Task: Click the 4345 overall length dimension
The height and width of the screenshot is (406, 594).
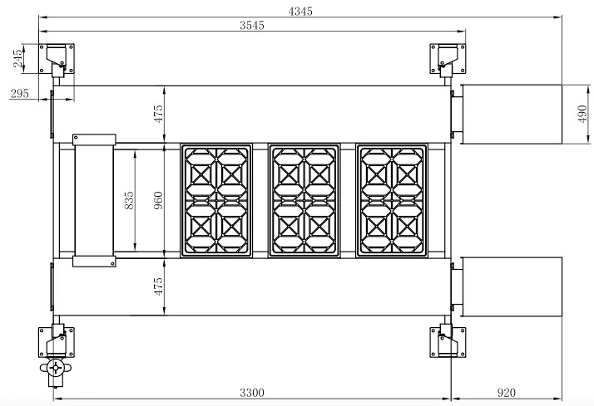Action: coord(300,12)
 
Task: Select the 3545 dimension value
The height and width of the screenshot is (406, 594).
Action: coord(252,26)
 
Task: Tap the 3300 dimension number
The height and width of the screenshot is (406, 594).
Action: coord(252,393)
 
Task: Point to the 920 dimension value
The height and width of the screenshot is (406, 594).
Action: coord(506,393)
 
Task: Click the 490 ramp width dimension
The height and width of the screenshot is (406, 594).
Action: coord(582,114)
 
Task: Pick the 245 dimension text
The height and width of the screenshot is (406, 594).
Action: coord(17,59)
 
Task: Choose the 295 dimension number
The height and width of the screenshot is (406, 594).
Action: coord(19,93)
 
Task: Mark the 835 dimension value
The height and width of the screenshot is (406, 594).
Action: coord(129,200)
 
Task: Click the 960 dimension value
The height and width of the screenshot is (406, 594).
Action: coord(158,200)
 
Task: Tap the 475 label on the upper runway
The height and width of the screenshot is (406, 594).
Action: coord(158,114)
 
